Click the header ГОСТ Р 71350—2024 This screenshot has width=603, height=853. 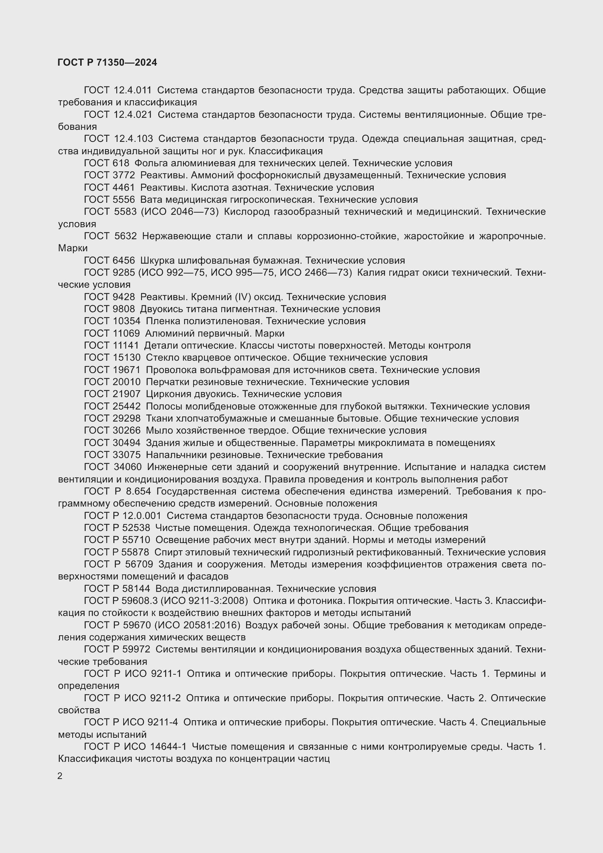[107, 62]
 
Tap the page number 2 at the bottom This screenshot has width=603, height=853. [60, 776]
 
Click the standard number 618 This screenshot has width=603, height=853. [121, 163]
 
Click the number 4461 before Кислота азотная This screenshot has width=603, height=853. [124, 187]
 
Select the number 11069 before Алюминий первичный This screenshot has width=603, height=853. [126, 333]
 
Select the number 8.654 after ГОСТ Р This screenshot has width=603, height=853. [139, 492]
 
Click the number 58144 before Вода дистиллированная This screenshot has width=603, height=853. [136, 589]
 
